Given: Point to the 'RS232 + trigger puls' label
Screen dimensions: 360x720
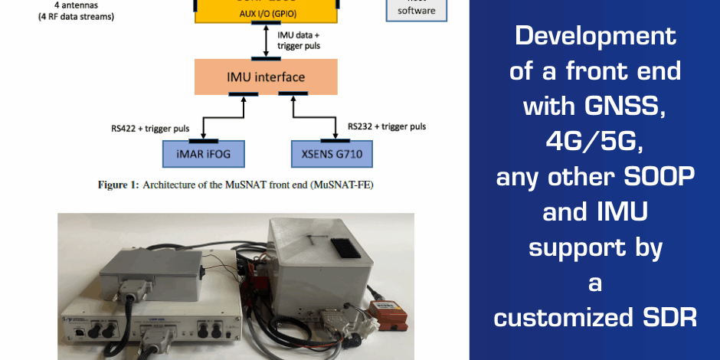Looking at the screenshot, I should [387, 126].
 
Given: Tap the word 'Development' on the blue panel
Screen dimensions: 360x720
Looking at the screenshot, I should [595, 35].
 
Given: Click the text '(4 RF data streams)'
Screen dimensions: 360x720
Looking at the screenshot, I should [76, 15].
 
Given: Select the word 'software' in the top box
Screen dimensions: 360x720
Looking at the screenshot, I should [417, 10].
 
